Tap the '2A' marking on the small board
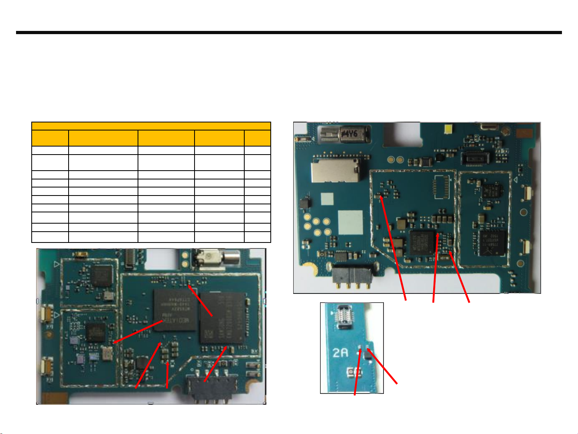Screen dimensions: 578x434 340,353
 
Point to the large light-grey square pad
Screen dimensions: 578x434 350,222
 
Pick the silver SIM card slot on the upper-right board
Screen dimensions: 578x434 334,171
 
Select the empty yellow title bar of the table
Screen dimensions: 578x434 151,126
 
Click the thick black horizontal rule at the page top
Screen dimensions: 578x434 289,33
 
